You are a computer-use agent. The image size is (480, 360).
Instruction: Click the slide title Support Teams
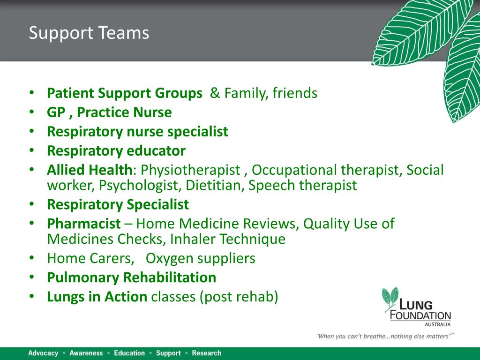click(89, 33)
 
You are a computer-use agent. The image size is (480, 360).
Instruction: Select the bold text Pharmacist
click(83, 224)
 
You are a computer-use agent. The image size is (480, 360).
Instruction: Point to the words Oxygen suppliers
click(200, 258)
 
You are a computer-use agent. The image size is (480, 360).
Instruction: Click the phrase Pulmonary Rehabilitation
click(131, 277)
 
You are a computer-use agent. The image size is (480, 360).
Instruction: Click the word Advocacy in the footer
click(43, 353)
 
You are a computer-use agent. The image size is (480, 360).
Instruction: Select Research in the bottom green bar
click(206, 353)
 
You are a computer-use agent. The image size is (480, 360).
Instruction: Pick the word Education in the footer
click(129, 353)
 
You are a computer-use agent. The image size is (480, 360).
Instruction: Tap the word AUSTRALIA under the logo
click(437, 324)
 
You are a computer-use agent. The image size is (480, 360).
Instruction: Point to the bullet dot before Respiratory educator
click(31, 151)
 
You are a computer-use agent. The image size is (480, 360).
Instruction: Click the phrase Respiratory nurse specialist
click(137, 132)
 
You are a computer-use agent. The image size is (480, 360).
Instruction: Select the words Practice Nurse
click(124, 112)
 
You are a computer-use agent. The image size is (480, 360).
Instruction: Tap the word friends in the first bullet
click(295, 93)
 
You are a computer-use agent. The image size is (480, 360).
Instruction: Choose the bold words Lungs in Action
click(97, 297)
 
